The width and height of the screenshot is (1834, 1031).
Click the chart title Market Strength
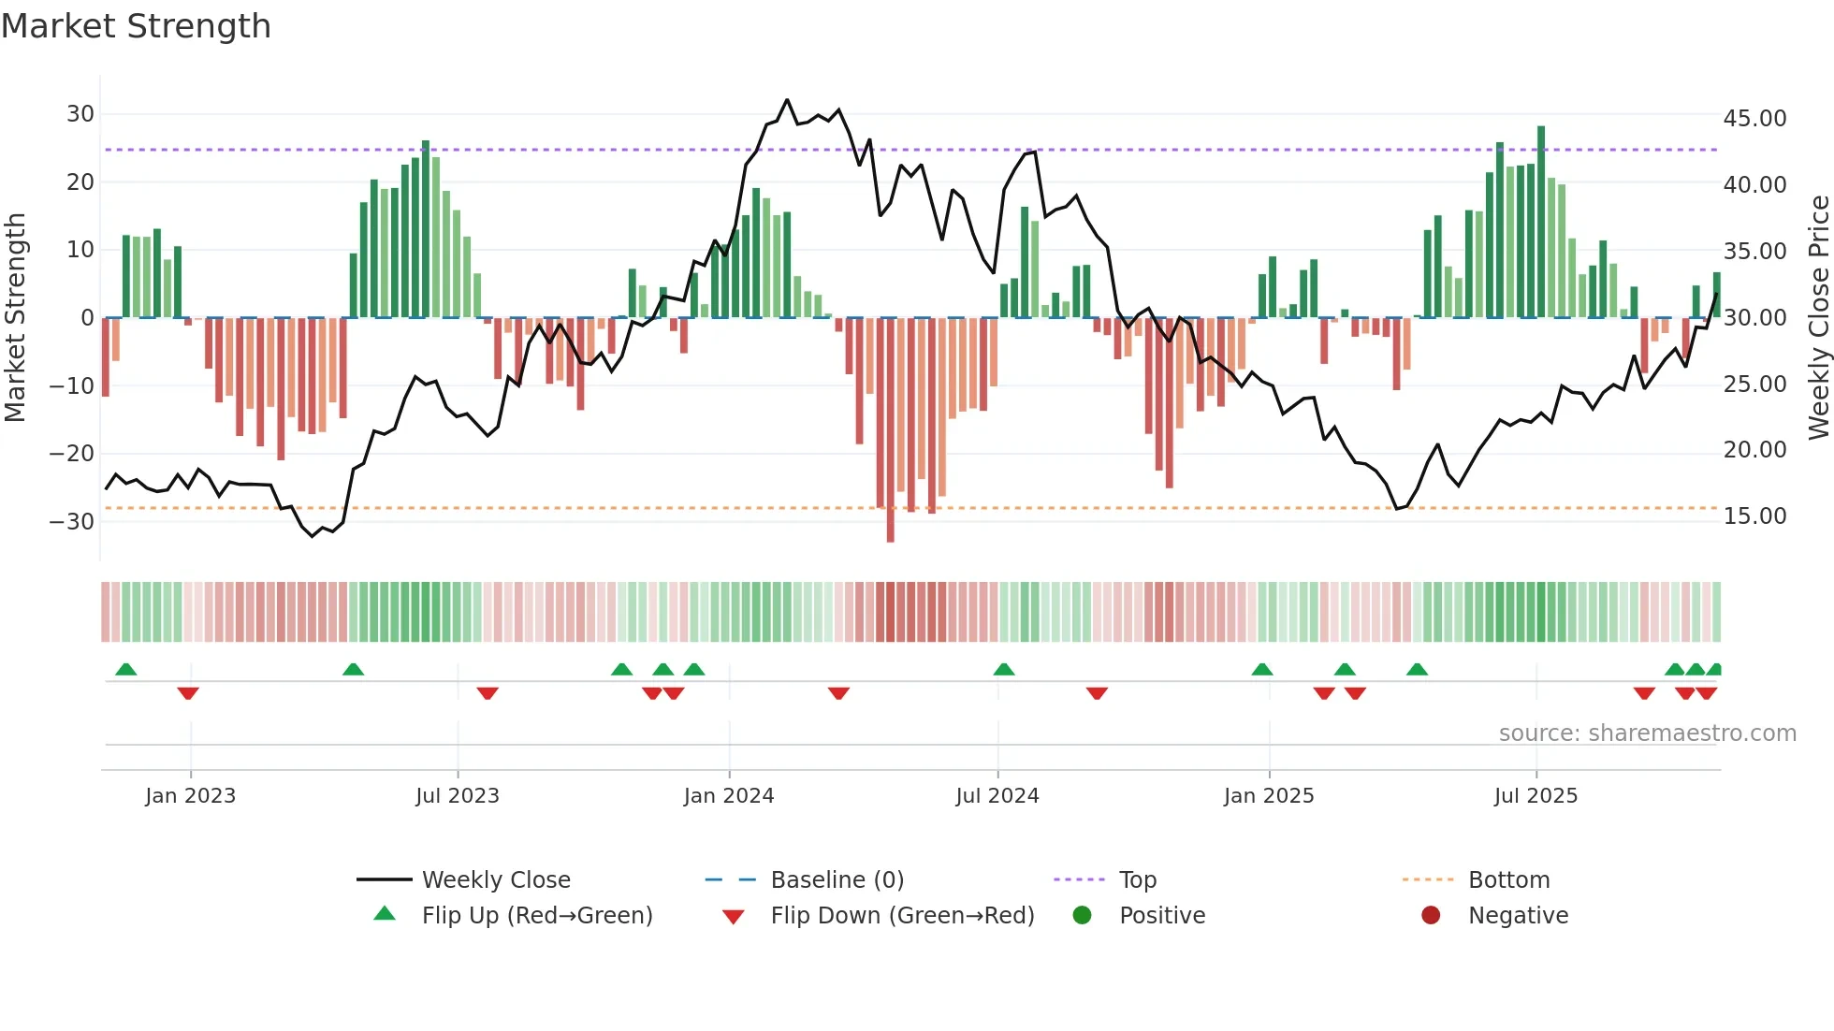(x=136, y=26)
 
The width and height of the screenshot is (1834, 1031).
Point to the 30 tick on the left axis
(x=80, y=114)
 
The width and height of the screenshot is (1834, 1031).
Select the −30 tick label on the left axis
(x=73, y=521)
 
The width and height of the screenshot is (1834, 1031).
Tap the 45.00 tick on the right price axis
(x=1754, y=119)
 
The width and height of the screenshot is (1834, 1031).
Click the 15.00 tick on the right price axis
(x=1754, y=516)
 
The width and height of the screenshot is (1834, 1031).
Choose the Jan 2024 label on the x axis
(x=729, y=796)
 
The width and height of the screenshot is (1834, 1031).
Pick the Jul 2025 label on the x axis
(x=1536, y=796)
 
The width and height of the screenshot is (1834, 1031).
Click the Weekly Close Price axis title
(x=1818, y=317)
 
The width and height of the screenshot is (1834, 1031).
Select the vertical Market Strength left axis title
(x=15, y=317)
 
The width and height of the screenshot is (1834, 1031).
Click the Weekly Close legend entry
(x=496, y=880)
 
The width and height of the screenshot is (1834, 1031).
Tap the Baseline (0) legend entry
(x=837, y=880)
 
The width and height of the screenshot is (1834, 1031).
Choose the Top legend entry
(x=1138, y=880)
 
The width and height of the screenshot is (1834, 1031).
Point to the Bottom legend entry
(x=1508, y=880)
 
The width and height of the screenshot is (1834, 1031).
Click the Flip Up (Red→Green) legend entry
(x=536, y=916)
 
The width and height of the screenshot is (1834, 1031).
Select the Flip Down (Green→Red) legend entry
(x=902, y=916)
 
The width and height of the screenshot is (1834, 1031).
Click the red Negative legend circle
(x=1431, y=916)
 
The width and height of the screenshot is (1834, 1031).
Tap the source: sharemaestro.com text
(x=1647, y=733)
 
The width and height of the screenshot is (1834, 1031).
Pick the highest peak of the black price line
(x=787, y=100)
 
